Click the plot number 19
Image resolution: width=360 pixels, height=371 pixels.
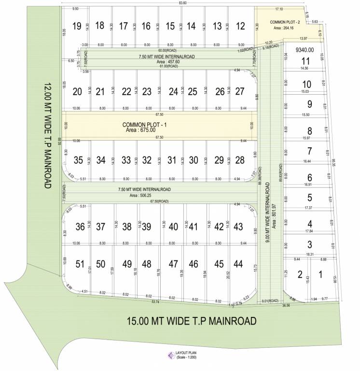pyautogui.click(x=76, y=26)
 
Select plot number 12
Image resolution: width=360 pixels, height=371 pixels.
pyautogui.click(x=240, y=26)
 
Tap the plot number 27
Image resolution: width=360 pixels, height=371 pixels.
pyautogui.click(x=240, y=92)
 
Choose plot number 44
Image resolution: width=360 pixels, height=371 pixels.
pyautogui.click(x=238, y=264)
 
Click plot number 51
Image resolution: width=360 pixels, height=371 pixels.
pyautogui.click(x=80, y=264)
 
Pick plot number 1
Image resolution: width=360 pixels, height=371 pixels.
pyautogui.click(x=320, y=275)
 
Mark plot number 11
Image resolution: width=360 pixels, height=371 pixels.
pyautogui.click(x=305, y=61)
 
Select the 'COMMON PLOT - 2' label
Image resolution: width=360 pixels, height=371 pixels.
pyautogui.click(x=280, y=22)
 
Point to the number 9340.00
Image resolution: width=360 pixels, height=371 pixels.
pyautogui.click(x=305, y=50)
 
